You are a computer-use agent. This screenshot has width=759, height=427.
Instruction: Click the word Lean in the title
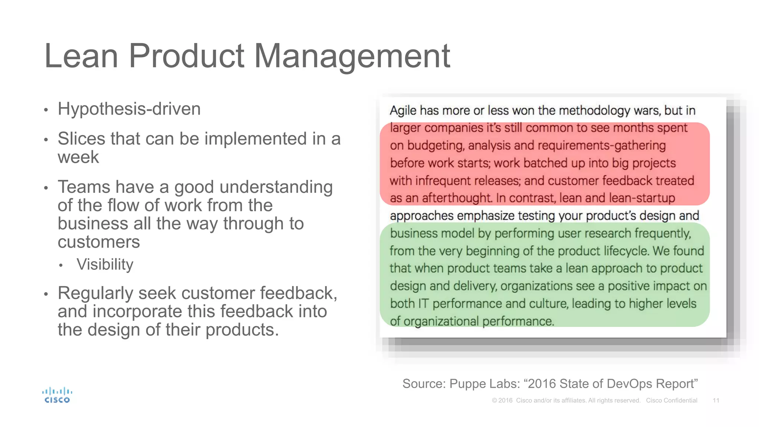pyautogui.click(x=81, y=56)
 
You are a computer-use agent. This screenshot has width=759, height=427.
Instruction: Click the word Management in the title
pyautogui.click(x=352, y=56)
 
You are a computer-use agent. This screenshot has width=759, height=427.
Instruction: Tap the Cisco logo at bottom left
pyautogui.click(x=57, y=395)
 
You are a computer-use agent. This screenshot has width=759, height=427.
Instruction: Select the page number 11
pyautogui.click(x=716, y=400)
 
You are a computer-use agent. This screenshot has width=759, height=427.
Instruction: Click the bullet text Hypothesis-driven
pyautogui.click(x=129, y=109)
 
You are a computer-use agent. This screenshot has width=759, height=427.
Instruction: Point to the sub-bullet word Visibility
pyautogui.click(x=105, y=265)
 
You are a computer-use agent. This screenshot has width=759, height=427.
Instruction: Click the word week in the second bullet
pyautogui.click(x=78, y=157)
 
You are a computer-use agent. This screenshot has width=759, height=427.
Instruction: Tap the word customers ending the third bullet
pyautogui.click(x=99, y=242)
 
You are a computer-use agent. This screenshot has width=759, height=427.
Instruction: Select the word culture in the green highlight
pyautogui.click(x=548, y=304)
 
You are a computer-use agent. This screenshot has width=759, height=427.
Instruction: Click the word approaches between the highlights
pyautogui.click(x=421, y=216)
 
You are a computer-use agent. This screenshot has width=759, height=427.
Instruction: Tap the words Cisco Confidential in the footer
pyautogui.click(x=671, y=400)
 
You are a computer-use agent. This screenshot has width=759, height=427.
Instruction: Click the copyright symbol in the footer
pyautogui.click(x=494, y=400)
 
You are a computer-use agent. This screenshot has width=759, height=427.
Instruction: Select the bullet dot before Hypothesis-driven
pyautogui.click(x=46, y=110)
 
